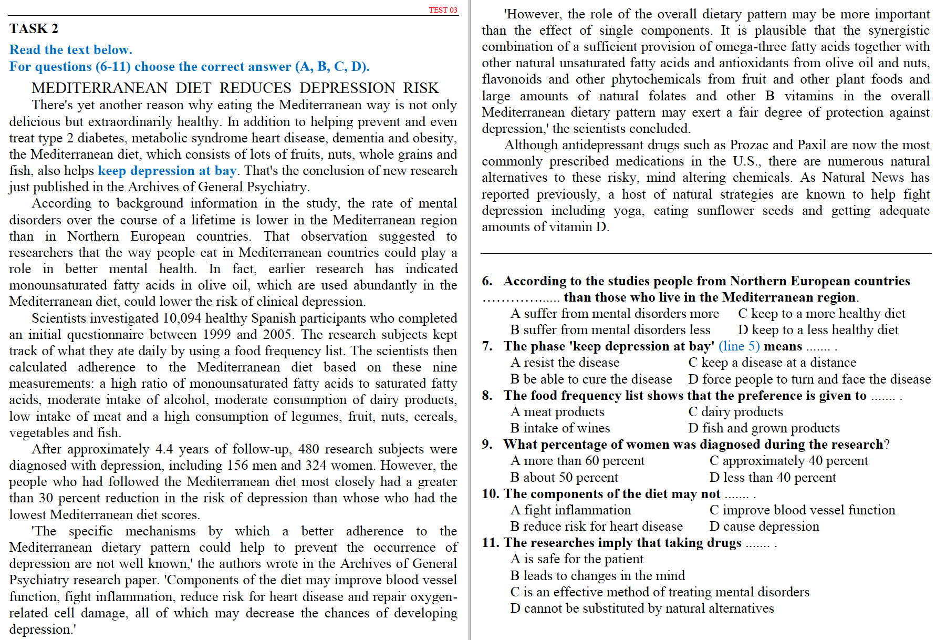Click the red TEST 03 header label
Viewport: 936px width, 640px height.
point(443,10)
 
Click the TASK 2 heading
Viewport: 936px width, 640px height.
point(34,29)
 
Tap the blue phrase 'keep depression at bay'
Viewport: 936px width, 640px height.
point(167,171)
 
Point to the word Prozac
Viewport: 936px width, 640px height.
point(749,145)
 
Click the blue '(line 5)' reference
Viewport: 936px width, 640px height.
point(739,346)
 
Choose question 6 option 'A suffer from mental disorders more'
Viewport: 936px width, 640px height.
point(615,314)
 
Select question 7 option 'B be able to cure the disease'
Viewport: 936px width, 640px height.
point(591,379)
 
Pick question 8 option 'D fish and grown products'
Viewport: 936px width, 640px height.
point(764,428)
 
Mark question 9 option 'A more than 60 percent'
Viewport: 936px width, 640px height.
point(577,461)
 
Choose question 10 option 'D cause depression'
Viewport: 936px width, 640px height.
point(764,527)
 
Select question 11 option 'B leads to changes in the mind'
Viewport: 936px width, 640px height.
point(597,576)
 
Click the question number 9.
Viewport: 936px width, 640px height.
point(487,445)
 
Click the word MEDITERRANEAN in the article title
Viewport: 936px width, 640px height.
point(99,88)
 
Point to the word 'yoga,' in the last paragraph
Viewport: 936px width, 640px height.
point(629,211)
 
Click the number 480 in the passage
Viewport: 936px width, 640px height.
point(308,449)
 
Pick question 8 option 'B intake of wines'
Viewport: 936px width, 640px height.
point(560,428)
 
